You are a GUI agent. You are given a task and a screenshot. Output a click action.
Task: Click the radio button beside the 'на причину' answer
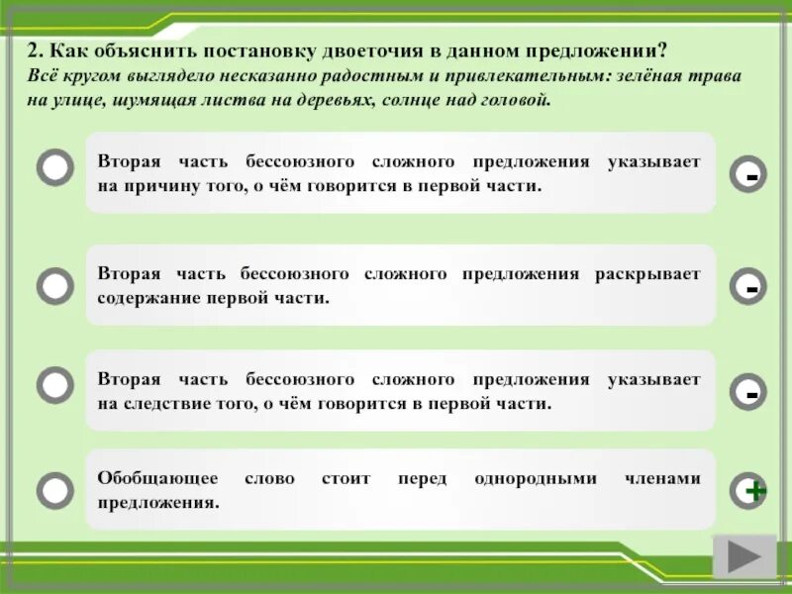click(x=55, y=168)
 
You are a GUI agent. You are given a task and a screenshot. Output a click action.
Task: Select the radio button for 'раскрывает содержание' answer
click(x=55, y=286)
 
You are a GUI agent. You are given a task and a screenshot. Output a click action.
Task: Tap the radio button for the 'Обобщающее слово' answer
click(x=55, y=489)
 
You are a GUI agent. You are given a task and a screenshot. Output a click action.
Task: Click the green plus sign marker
click(x=754, y=490)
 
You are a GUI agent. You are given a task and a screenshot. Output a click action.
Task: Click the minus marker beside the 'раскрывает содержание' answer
click(x=752, y=287)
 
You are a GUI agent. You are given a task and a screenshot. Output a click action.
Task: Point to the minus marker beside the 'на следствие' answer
click(x=752, y=393)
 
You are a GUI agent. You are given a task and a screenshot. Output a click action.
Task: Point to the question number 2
click(x=32, y=52)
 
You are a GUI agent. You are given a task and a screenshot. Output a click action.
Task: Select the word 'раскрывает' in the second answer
click(x=647, y=272)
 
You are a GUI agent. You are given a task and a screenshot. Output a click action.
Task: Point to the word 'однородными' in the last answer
click(x=536, y=478)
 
